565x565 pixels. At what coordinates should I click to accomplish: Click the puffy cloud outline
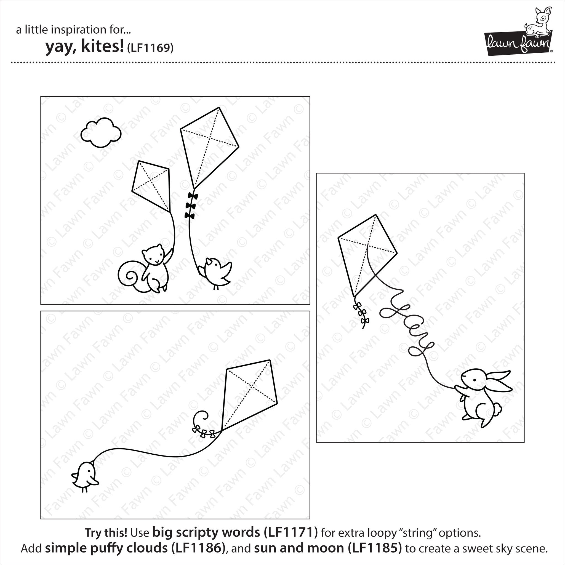pyautogui.click(x=101, y=132)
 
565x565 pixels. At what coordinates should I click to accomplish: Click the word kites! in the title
pyautogui.click(x=102, y=47)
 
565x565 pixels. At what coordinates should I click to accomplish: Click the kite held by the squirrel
pyautogui.click(x=151, y=186)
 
